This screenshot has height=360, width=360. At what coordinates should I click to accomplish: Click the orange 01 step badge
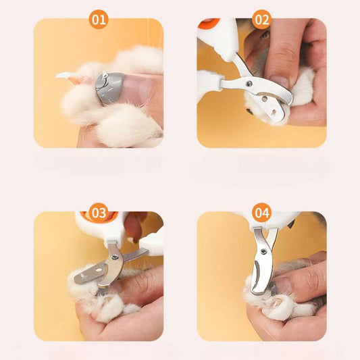coord(99,20)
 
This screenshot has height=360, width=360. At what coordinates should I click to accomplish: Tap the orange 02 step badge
coord(261,20)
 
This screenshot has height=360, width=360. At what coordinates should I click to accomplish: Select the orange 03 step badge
coord(99,213)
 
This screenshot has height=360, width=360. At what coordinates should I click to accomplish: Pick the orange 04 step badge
coord(261,213)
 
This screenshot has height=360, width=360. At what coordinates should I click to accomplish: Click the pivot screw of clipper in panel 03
coord(115,257)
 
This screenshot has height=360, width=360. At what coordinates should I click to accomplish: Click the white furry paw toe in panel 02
coord(303,88)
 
